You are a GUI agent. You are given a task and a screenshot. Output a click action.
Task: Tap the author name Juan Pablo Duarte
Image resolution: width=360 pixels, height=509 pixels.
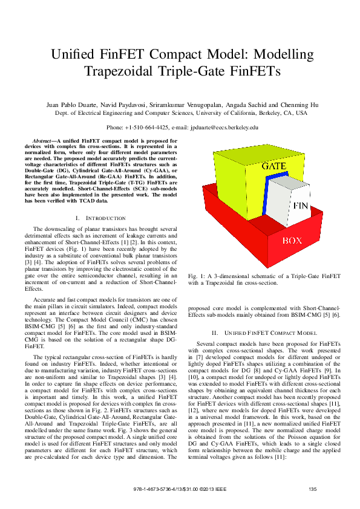70,105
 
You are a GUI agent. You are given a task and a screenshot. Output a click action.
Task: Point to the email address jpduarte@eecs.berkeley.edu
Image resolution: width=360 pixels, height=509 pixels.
224,128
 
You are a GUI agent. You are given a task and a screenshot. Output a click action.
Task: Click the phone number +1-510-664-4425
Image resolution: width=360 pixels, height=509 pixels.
147,128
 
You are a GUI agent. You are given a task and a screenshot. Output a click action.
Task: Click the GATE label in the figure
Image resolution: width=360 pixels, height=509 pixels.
273,165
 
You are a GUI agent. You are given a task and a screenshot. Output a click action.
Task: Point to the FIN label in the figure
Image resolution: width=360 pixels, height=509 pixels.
301,206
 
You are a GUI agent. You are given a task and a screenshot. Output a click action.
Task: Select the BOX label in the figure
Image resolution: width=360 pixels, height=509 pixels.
292,241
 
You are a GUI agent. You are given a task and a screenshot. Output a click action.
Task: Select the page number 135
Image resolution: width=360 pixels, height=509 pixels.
312,489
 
